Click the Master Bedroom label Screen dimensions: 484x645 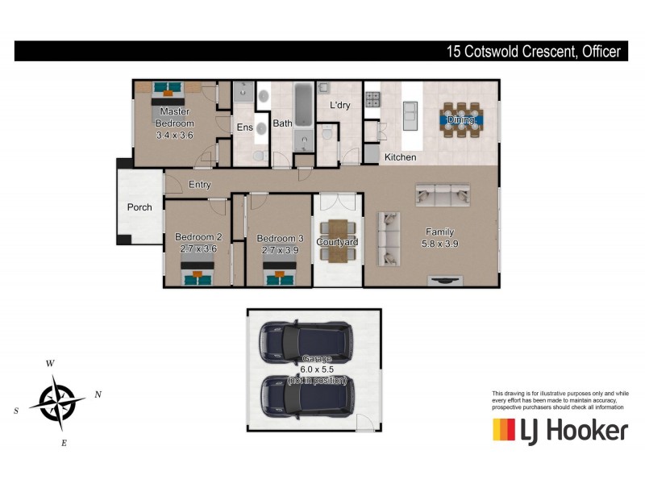pyautogui.click(x=175, y=117)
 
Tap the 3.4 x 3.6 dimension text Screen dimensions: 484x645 pyautogui.click(x=175, y=136)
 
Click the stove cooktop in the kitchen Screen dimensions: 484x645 pyautogui.click(x=373, y=100)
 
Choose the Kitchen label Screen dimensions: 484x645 pyautogui.click(x=400, y=157)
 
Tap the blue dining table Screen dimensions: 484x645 pyautogui.click(x=463, y=120)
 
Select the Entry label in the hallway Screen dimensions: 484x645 pyautogui.click(x=200, y=185)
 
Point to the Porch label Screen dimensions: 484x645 pyautogui.click(x=139, y=207)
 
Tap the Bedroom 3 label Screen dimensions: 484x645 pyautogui.click(x=280, y=238)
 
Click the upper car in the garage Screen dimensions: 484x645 pyautogui.click(x=306, y=341)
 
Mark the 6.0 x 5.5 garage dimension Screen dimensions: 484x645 pyautogui.click(x=317, y=369)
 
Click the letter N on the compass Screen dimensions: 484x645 pyautogui.click(x=98, y=394)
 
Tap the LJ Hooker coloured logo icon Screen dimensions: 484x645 pyautogui.click(x=504, y=430)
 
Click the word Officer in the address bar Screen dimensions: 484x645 pyautogui.click(x=599, y=52)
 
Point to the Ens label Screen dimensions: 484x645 pyautogui.click(x=243, y=127)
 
